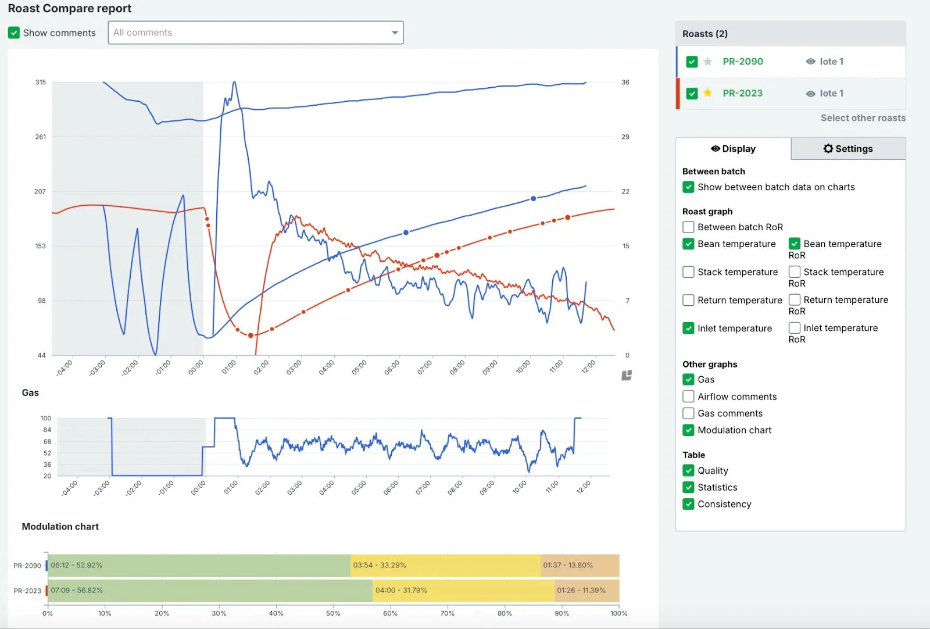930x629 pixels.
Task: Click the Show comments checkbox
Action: [14, 33]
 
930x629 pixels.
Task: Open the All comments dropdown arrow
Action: [395, 33]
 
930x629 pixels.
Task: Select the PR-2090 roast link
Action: [742, 62]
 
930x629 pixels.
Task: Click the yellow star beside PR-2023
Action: [707, 93]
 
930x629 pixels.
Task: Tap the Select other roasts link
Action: [863, 118]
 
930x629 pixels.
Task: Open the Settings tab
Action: [848, 149]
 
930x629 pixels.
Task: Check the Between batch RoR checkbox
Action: [688, 227]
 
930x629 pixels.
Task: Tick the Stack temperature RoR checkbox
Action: [795, 272]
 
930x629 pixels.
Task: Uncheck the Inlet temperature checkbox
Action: [688, 328]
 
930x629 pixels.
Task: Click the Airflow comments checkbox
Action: [688, 396]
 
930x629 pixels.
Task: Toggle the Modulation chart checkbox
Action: [688, 430]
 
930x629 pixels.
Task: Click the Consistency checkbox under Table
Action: [688, 504]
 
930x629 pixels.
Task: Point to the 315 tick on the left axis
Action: [40, 83]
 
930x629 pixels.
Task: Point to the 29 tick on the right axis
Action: [625, 137]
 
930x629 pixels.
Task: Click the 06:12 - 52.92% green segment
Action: [198, 566]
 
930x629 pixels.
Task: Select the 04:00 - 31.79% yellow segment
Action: [463, 591]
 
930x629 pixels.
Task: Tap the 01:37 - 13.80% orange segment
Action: [580, 566]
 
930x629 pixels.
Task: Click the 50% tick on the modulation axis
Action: [333, 613]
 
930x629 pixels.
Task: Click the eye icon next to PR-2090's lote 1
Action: [810, 62]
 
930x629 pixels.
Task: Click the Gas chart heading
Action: [30, 393]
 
